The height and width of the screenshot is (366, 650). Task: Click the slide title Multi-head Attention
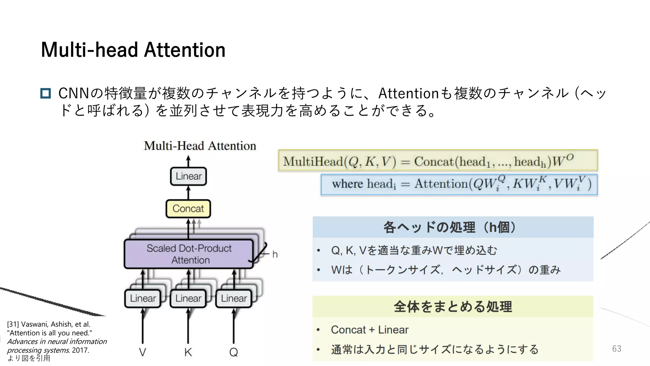(133, 50)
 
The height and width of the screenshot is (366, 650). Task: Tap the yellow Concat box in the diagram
(188, 209)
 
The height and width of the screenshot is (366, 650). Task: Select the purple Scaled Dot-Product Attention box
(189, 254)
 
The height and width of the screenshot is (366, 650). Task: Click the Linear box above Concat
(189, 176)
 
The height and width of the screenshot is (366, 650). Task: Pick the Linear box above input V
(143, 298)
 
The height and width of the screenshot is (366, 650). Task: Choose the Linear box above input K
(188, 298)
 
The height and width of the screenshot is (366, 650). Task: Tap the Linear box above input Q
(234, 298)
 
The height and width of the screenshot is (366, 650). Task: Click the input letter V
(143, 352)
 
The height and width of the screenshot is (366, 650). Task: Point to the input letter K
(188, 352)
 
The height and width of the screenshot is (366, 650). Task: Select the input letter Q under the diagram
(234, 352)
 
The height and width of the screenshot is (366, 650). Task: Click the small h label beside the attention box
(275, 254)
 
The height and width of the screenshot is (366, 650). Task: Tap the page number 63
(616, 349)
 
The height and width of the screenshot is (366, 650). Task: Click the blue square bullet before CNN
(46, 93)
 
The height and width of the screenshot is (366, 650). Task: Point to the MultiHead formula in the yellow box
(428, 161)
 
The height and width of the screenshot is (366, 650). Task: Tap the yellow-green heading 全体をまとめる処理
(453, 307)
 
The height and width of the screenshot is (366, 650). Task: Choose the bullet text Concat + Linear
(369, 330)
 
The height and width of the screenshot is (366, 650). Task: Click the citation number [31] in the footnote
(13, 324)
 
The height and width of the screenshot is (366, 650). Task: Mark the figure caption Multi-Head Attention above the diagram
(200, 146)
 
